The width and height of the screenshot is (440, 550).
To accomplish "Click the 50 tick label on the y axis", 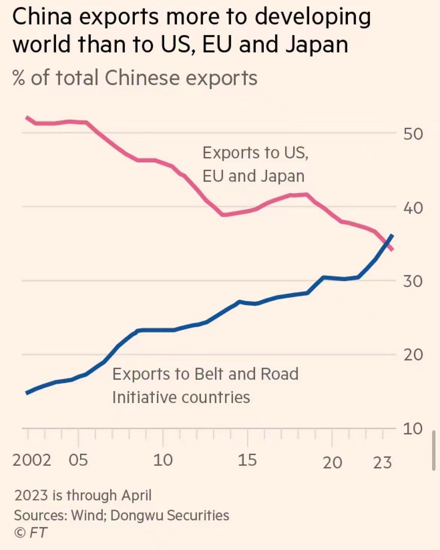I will pos(413,134).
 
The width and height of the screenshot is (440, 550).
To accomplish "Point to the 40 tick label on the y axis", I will pos(413,208).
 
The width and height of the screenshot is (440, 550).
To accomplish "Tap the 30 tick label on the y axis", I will pos(413,281).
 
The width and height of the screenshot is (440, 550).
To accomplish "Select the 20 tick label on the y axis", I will pos(413,355).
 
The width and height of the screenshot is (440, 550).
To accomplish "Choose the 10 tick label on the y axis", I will pos(413,428).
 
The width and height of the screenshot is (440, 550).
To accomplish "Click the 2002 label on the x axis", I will pos(32,460).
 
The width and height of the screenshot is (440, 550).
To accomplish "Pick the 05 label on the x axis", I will pos(78,460).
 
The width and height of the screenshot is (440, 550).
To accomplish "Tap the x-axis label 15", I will pos(247,460).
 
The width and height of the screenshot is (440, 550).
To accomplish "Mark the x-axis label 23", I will pos(382,463).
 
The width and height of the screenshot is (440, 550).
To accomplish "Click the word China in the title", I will pos(42,17).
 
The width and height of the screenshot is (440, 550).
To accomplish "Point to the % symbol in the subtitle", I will pos(19,78).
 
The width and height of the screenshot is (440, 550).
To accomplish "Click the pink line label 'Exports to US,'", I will pos(255,153).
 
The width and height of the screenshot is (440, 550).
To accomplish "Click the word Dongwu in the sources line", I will pos(136,515).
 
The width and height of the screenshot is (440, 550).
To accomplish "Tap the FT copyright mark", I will pos(31,533).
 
